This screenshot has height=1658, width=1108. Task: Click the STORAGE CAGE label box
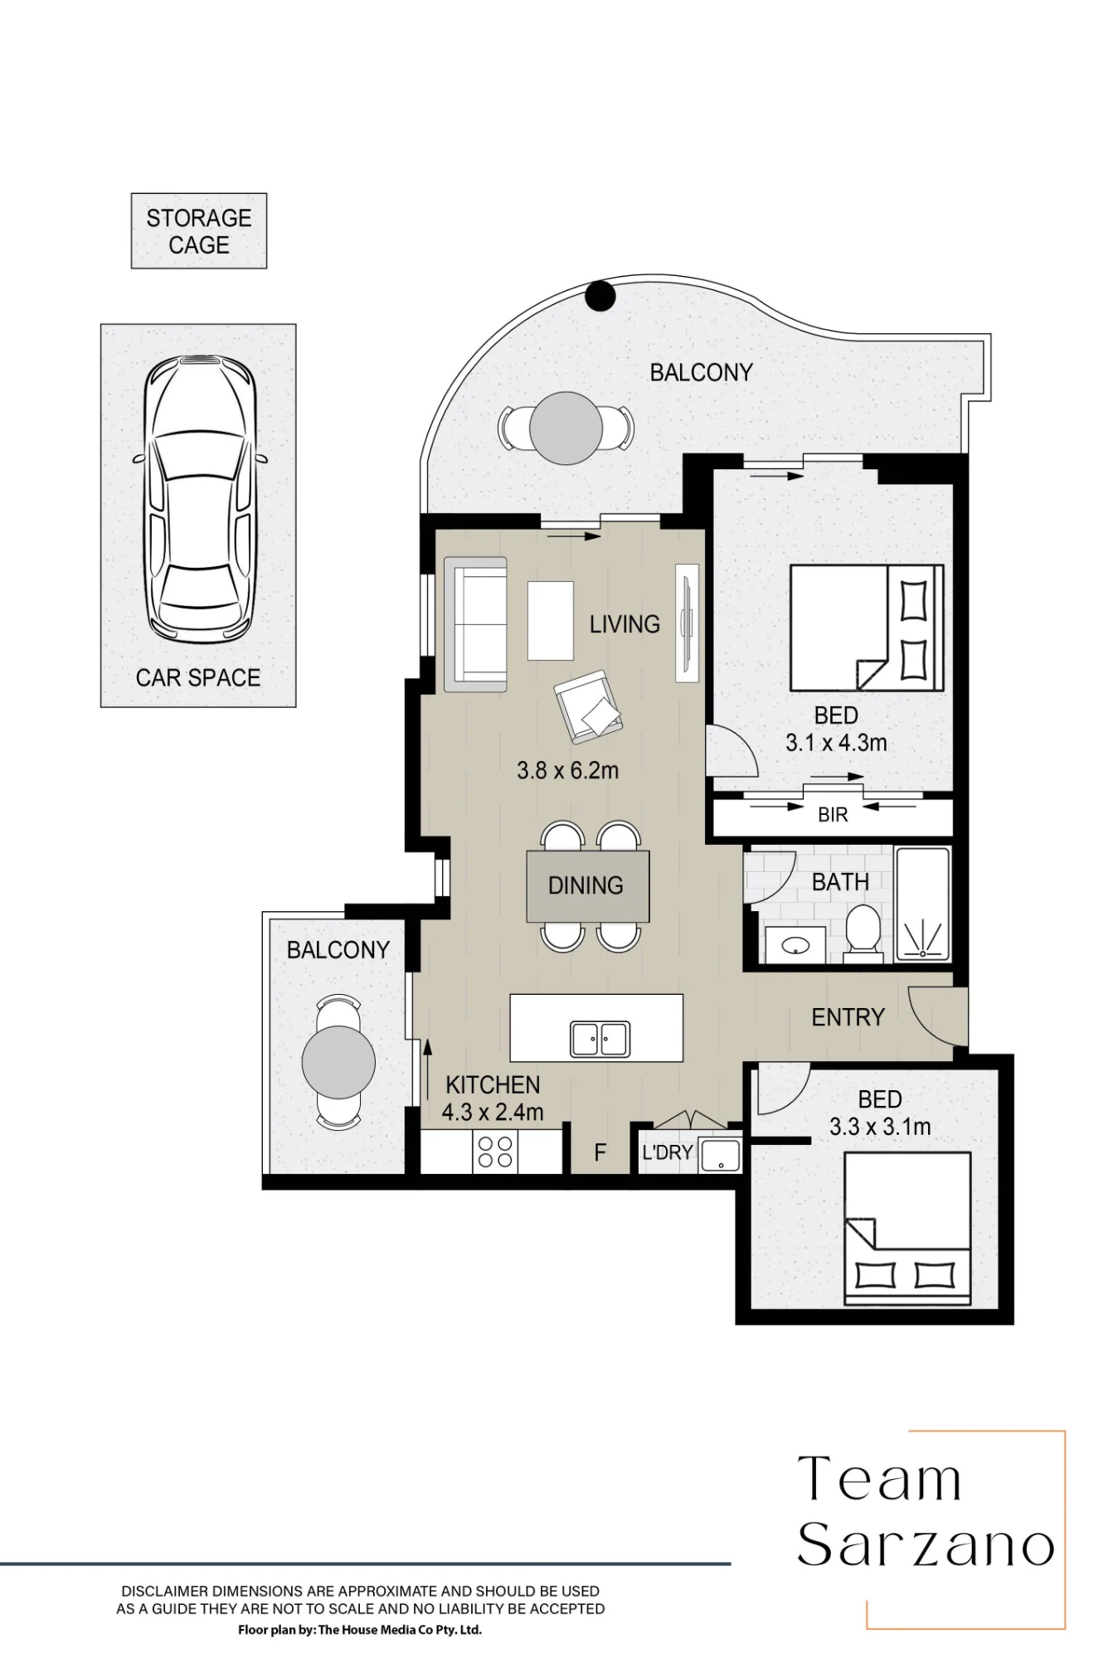coord(199,231)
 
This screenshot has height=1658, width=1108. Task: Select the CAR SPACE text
coord(198,677)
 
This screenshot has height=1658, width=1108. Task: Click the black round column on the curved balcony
coord(600,295)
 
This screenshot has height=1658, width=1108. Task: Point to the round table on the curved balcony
coord(566,429)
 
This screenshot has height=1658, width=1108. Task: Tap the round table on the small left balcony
coord(338,1062)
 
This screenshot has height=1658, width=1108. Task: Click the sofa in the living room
coord(475,624)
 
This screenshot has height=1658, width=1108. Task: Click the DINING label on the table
coord(586,885)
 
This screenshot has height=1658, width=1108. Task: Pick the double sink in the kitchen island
coord(600,1038)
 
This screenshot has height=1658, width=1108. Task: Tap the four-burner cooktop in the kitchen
coord(495,1152)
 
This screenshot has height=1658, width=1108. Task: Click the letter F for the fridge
coord(600,1152)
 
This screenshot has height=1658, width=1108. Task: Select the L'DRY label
coord(668,1152)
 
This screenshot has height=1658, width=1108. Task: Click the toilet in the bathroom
coord(863,933)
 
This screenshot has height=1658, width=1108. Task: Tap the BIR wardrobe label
coord(833,815)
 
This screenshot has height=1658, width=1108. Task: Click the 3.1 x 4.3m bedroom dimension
coord(836,743)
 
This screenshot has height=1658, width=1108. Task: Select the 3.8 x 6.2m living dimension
coord(567,770)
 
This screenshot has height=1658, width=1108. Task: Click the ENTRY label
coord(848,1017)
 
